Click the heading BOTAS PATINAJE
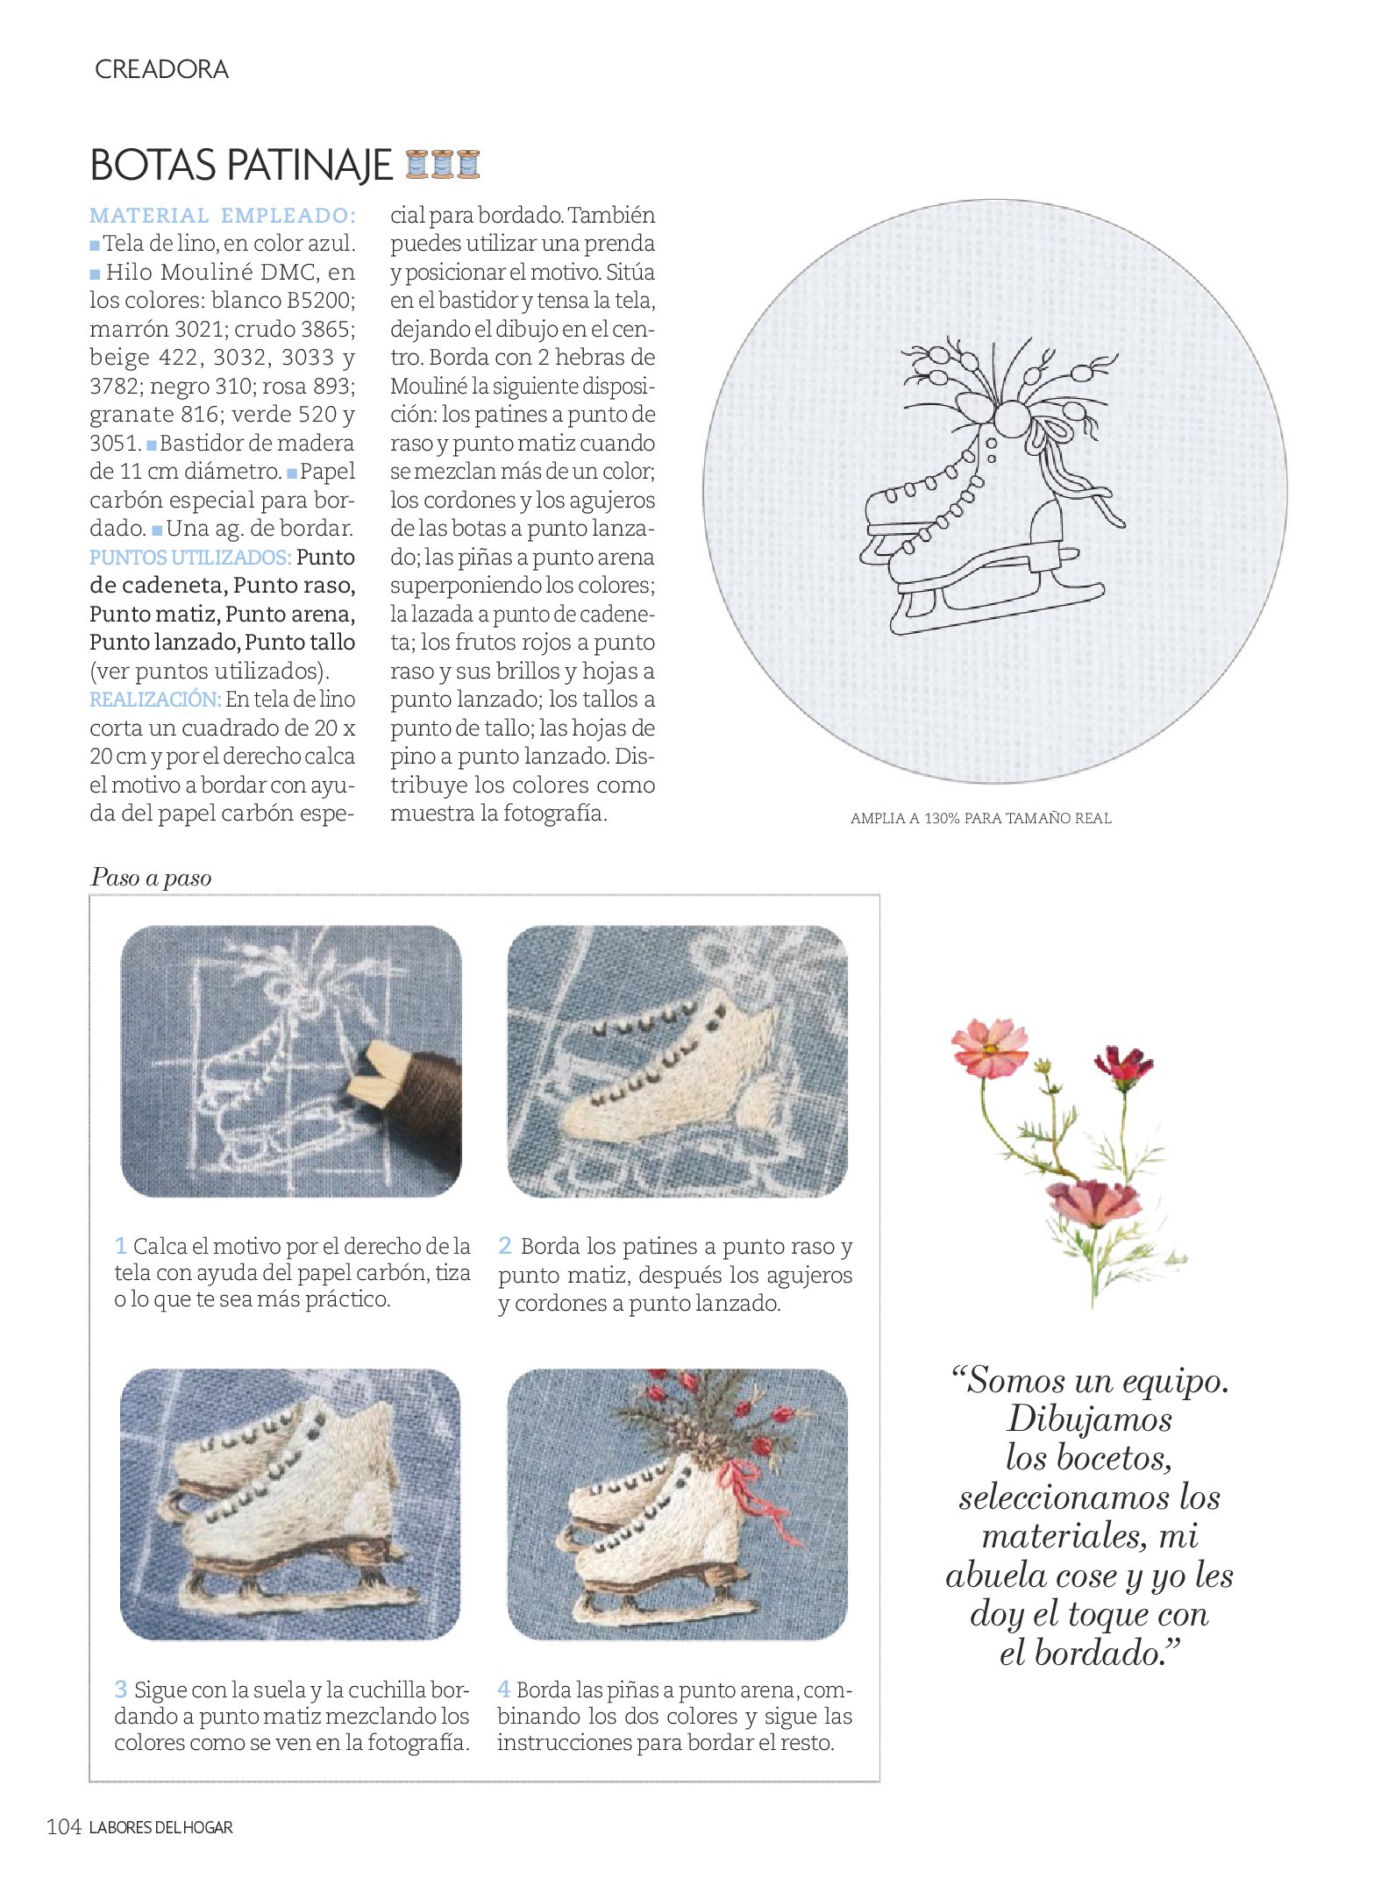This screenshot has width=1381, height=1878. click(x=240, y=165)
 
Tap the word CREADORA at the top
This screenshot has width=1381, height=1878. click(x=161, y=69)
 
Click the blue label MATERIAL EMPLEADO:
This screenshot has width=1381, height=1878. click(x=223, y=216)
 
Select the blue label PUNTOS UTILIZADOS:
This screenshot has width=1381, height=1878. click(x=189, y=558)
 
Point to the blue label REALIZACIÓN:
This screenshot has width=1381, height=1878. click(x=154, y=700)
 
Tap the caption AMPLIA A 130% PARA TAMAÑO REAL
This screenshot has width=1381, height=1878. click(x=980, y=819)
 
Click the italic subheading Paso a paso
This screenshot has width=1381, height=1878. click(x=151, y=878)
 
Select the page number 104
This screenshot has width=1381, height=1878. click(x=63, y=1827)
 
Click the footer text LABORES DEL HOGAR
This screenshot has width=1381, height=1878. click(x=161, y=1828)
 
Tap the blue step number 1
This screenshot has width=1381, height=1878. click(x=121, y=1246)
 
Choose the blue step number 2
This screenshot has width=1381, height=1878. click(x=505, y=1246)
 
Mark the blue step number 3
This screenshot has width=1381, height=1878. click(x=121, y=1689)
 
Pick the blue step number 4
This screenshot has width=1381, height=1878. click(x=504, y=1689)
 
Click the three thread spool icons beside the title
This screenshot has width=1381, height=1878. click(x=443, y=164)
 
